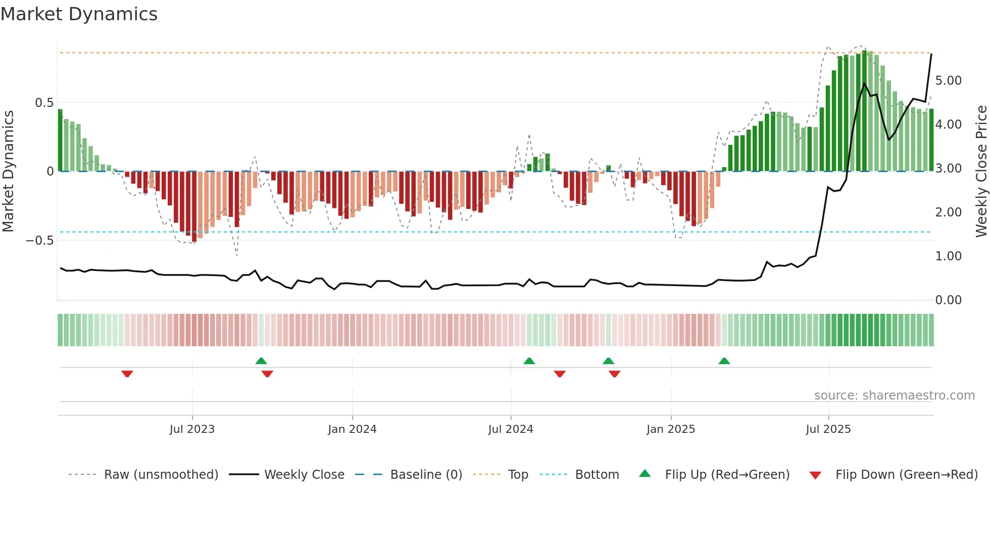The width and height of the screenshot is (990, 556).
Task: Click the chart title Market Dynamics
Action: [79, 14]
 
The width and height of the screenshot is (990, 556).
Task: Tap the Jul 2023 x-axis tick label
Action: [192, 429]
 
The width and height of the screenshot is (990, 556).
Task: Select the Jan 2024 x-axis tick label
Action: [352, 429]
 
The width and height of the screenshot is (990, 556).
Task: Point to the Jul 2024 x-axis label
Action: [511, 429]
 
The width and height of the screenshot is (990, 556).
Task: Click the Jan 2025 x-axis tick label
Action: [671, 429]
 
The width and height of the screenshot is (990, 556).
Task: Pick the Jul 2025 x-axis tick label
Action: [828, 429]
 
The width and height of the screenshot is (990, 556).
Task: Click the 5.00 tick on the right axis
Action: [948, 81]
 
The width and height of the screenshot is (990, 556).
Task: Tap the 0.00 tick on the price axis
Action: [948, 300]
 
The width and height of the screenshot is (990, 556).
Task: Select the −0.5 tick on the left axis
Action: [40, 241]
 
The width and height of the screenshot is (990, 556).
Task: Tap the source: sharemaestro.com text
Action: [894, 396]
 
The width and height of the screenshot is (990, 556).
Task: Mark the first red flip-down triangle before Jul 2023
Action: [127, 374]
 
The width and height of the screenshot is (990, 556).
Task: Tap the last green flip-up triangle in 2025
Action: [724, 361]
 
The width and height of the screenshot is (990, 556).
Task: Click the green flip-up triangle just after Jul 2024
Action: [529, 361]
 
